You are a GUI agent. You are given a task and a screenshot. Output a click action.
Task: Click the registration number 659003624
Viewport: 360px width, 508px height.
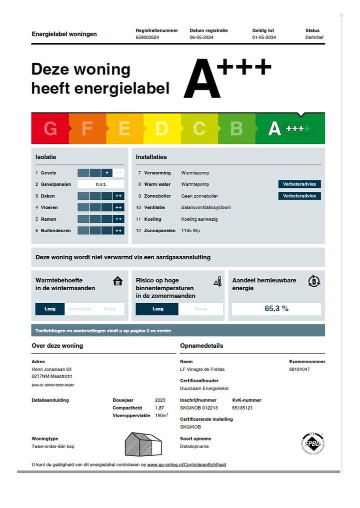click(147, 37)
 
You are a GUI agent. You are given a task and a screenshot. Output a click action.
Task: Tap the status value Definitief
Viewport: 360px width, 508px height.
click(314, 37)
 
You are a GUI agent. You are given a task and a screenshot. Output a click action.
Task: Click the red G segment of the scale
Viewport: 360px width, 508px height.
click(50, 128)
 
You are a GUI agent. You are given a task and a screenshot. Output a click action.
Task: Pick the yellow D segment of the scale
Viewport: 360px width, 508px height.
click(161, 128)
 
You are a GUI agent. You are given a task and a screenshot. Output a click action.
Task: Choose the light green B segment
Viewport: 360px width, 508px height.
click(236, 128)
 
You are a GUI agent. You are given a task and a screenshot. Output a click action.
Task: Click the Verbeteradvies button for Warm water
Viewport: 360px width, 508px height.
click(299, 184)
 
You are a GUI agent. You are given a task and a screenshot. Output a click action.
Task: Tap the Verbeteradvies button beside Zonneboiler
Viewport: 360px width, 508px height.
click(299, 196)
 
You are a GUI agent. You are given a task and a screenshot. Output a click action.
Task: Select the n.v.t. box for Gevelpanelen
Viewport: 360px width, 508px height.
click(101, 184)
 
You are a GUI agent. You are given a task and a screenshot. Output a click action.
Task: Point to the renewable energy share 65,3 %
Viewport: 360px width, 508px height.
click(276, 309)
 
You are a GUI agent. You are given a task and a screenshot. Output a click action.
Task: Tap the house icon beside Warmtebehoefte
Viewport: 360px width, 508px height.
click(117, 281)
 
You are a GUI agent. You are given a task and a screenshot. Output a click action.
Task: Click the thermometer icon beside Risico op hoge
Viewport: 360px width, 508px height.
click(217, 282)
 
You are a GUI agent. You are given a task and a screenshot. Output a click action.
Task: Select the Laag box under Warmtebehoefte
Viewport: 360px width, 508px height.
click(50, 309)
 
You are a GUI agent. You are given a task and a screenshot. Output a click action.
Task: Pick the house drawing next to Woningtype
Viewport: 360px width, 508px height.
click(143, 444)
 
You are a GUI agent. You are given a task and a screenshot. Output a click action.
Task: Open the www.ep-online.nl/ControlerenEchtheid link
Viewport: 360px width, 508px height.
click(186, 465)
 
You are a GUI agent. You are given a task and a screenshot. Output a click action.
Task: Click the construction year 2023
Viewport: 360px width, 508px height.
click(160, 400)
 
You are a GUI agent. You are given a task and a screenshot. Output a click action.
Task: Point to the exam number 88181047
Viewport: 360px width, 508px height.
click(299, 369)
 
